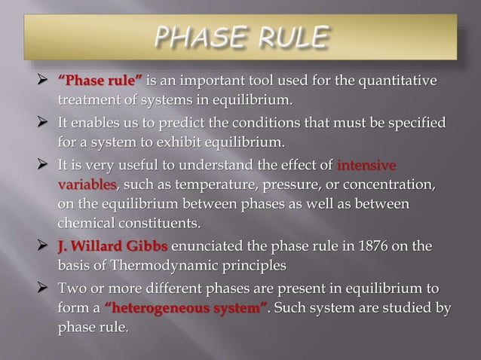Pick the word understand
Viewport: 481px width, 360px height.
click(229, 165)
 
